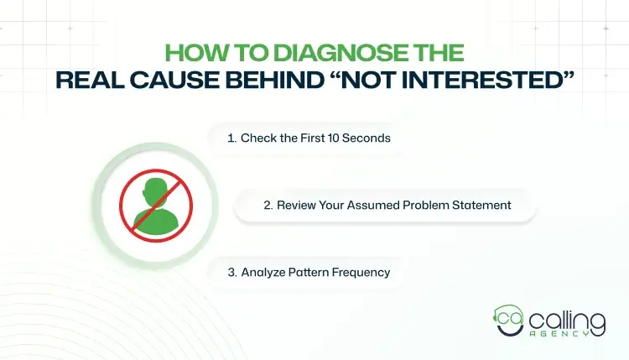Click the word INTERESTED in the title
pos(496,80)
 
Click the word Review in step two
pos(296,205)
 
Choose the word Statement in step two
pos(481,205)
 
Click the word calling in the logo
pos(561,320)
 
